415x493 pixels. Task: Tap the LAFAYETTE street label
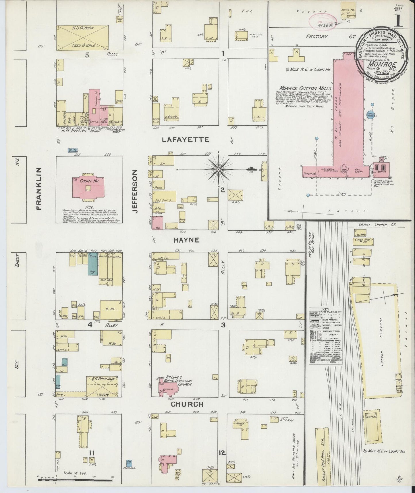tap(185, 140)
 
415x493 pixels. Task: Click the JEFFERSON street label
tap(136, 191)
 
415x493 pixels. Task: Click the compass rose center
tap(219, 169)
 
